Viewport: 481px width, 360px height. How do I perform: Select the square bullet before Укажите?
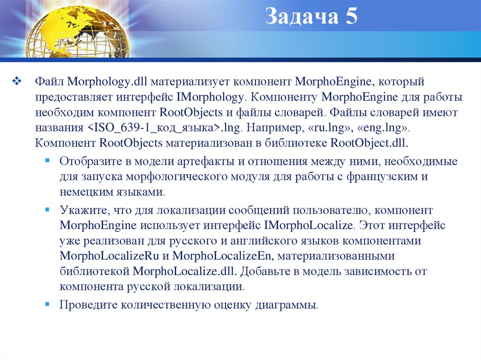click(x=47, y=209)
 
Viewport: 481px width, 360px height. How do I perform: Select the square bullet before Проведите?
click(x=47, y=304)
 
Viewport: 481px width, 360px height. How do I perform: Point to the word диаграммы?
click(x=287, y=305)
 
